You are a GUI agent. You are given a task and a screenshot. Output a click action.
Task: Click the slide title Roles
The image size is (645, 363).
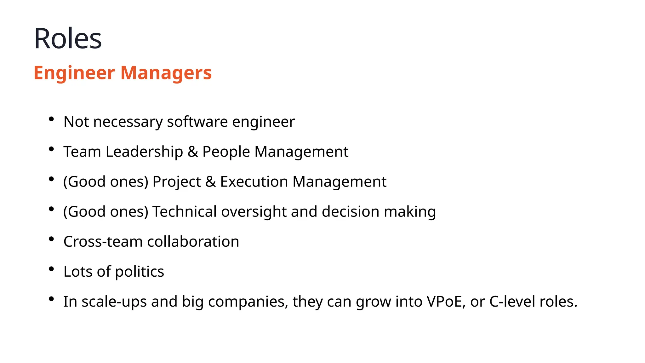(68, 38)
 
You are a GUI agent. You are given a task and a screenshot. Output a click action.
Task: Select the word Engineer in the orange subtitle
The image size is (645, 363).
(74, 73)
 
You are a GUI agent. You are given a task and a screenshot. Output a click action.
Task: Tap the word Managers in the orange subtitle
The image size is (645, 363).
(166, 73)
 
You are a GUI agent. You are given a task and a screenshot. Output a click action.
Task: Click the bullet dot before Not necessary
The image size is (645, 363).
(51, 119)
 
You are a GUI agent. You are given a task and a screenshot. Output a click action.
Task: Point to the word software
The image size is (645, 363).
(197, 122)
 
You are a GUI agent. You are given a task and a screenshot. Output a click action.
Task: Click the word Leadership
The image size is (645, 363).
(144, 152)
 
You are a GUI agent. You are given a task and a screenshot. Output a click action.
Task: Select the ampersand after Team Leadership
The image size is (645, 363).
(193, 152)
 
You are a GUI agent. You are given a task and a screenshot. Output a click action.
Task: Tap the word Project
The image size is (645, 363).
(176, 182)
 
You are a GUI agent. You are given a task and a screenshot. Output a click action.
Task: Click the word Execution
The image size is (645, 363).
(254, 182)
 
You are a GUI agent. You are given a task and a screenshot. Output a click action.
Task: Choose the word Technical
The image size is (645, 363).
(185, 211)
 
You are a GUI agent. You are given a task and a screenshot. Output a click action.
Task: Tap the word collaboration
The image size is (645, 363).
(193, 242)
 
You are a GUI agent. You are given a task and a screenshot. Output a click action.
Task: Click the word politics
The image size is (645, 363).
(140, 272)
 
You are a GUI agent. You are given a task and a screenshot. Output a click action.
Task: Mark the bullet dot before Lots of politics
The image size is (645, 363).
(51, 269)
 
